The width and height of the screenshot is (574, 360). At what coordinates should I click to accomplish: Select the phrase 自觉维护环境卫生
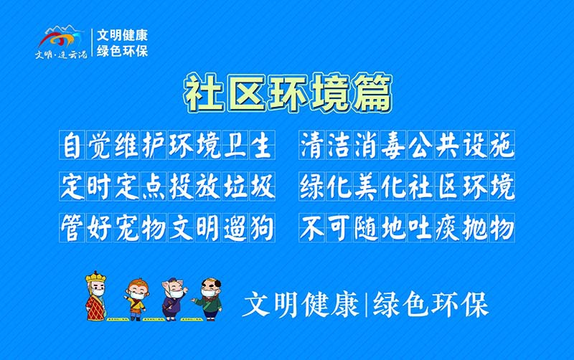point(168,146)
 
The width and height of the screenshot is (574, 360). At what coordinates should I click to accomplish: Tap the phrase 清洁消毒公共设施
point(407,146)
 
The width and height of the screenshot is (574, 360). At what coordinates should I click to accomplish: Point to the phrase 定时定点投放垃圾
point(168,187)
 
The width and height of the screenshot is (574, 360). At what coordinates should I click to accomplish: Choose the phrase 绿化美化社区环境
point(407,187)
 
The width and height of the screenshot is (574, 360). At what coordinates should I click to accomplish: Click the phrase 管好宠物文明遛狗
point(168,229)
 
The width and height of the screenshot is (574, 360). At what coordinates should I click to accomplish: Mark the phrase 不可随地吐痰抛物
point(407,229)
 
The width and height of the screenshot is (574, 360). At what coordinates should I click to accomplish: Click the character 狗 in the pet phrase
point(262,229)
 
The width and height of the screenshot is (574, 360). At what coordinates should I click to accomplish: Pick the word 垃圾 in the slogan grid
point(248,187)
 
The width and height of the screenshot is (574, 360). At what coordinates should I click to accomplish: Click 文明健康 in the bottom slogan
point(301,305)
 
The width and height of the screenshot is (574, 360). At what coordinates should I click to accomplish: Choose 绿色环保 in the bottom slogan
point(430,305)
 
